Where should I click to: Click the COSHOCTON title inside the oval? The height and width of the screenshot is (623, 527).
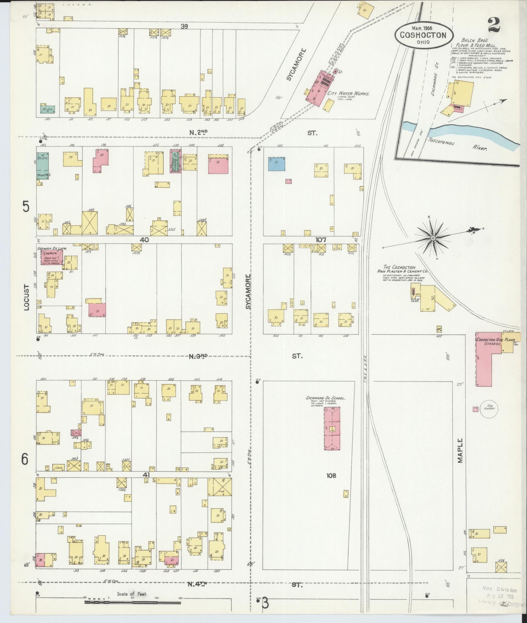(x=423, y=35)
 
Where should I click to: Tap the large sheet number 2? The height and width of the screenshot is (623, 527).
(x=495, y=25)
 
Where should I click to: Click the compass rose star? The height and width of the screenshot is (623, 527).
(x=432, y=239)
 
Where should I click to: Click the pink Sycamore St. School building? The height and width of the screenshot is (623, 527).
(x=332, y=428)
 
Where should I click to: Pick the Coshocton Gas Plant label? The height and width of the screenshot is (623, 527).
(x=489, y=340)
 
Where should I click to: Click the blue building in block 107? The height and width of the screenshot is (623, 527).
(x=276, y=164)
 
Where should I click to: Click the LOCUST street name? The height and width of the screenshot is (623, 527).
(x=27, y=297)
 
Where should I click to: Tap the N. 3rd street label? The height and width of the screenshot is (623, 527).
(x=198, y=356)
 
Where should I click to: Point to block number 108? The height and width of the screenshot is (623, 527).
(x=331, y=476)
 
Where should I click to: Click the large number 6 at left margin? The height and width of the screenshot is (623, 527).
(x=25, y=459)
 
